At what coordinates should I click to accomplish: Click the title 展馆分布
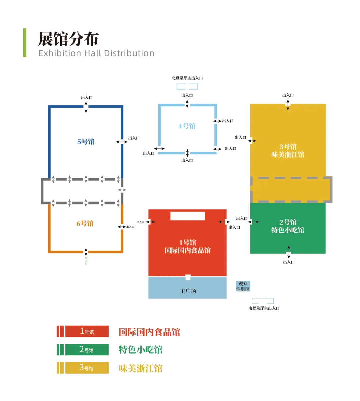[68, 39]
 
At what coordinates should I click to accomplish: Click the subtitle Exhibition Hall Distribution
[96, 53]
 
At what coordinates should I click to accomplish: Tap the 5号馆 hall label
[86, 142]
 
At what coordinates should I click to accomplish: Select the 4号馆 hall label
[187, 126]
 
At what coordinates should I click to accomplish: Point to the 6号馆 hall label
[85, 223]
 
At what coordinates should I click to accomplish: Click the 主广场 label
[188, 291]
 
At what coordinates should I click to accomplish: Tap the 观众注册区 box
[243, 286]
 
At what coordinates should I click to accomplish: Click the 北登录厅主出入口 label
[187, 78]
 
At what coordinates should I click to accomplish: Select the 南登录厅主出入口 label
[264, 308]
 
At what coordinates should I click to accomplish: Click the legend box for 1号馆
[87, 331]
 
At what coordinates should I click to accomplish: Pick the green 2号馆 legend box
[87, 350]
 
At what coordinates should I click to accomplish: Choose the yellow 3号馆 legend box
[87, 368]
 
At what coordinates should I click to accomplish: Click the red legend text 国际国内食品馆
[149, 332]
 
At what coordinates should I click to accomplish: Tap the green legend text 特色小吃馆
[141, 350]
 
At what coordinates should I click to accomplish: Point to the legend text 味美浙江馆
[141, 368]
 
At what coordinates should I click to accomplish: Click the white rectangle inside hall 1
[188, 216]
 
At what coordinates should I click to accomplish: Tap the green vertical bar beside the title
[25, 43]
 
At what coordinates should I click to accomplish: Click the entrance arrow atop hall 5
[86, 107]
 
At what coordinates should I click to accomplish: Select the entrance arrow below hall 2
[289, 252]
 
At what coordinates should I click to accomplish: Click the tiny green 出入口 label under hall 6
[86, 260]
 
